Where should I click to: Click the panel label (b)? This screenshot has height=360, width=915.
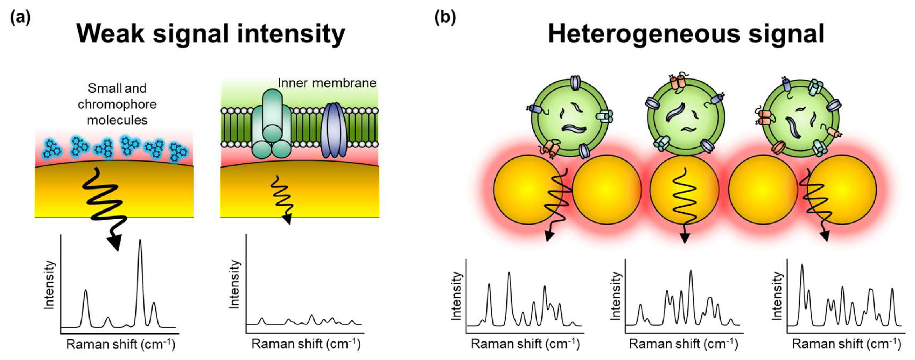click(445, 17)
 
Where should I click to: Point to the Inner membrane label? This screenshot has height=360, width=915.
click(327, 83)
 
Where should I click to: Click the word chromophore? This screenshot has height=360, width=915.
click(117, 104)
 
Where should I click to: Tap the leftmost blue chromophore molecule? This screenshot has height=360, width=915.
click(52, 149)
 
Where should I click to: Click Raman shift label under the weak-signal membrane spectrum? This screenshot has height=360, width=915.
click(306, 344)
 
